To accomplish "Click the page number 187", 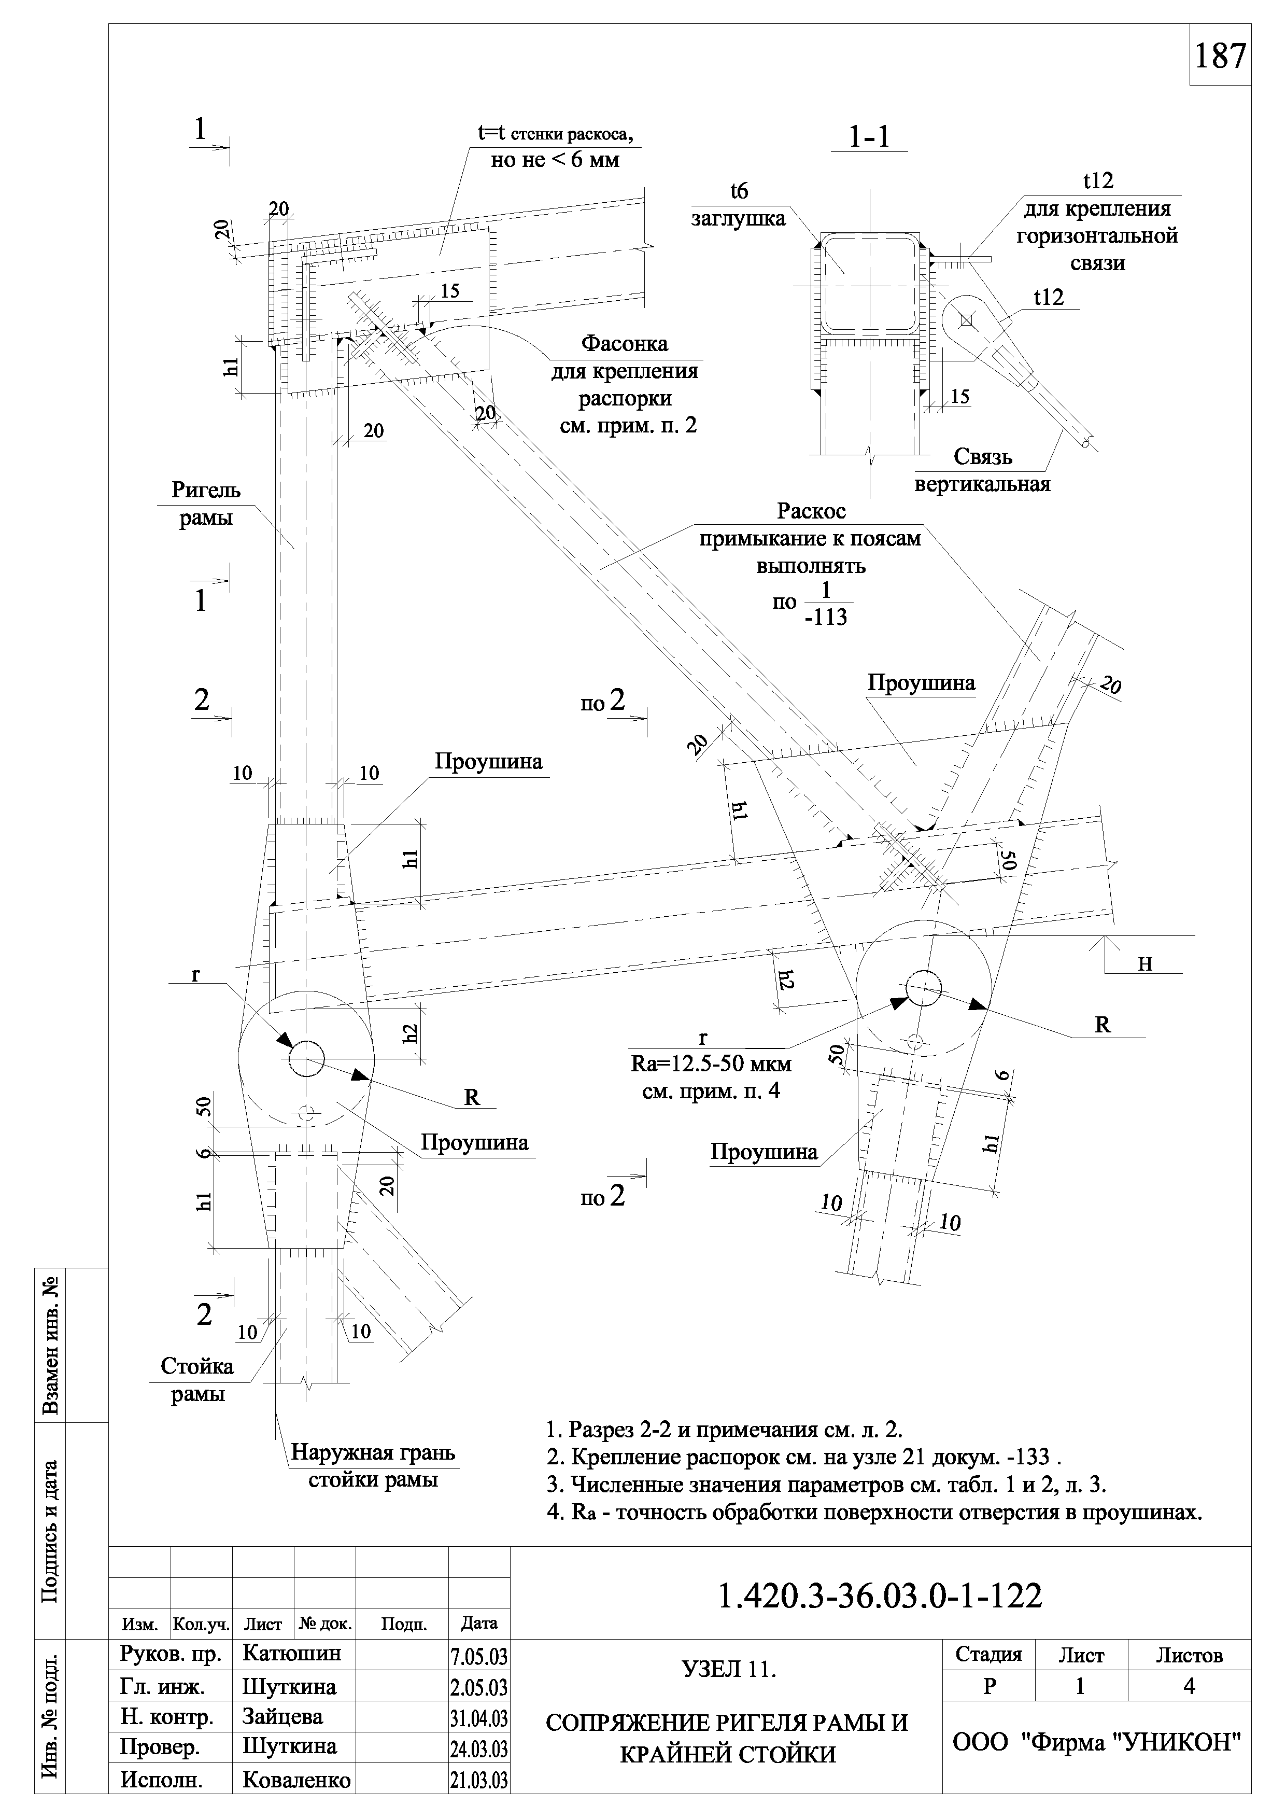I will [1220, 56].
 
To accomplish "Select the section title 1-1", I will [869, 138].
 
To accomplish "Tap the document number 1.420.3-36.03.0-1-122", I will [880, 1597].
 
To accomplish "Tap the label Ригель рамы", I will [206, 504].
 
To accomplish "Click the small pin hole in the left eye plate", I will [306, 1059].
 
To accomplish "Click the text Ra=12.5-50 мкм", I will [711, 1064].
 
